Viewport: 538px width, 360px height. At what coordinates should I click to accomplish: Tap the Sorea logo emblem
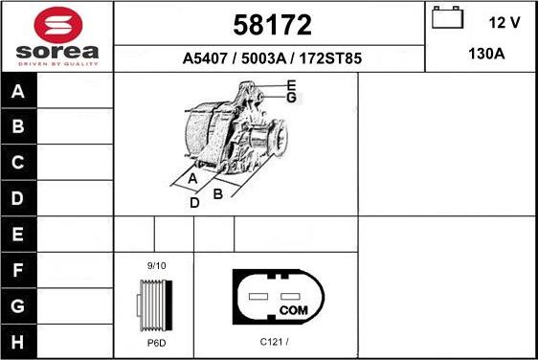click(56, 25)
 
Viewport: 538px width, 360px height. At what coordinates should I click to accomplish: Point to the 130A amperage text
click(486, 55)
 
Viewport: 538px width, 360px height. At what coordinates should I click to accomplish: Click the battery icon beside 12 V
click(446, 18)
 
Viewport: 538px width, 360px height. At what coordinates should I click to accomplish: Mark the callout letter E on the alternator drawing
click(292, 87)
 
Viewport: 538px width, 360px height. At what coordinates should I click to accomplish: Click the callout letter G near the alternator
click(292, 98)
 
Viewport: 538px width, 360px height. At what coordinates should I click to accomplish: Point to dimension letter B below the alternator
click(218, 193)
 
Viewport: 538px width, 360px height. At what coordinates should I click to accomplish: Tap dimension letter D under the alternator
click(194, 203)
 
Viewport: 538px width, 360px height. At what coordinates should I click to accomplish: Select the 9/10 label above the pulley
click(155, 264)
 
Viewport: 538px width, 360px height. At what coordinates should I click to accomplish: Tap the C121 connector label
click(274, 340)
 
